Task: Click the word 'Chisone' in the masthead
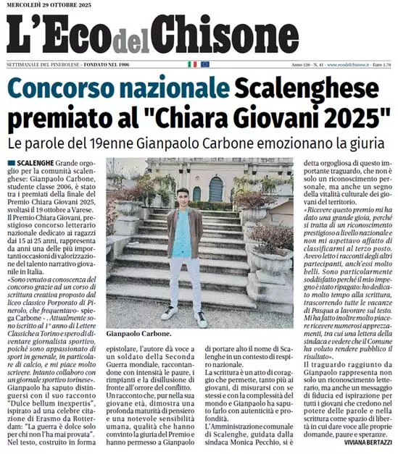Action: tap(218, 35)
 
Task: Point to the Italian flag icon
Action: tap(192, 64)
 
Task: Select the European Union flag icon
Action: tap(205, 64)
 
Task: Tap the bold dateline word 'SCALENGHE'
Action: tap(42, 164)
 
